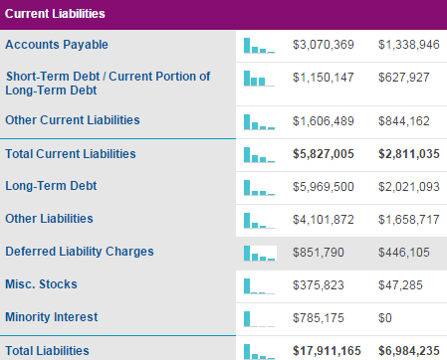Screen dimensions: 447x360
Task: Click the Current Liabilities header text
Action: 55,14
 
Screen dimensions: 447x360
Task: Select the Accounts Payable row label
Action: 57,45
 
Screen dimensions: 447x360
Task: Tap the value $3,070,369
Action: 324,45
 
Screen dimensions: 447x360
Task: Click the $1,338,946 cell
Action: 409,45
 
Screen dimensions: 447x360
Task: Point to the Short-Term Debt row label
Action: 108,83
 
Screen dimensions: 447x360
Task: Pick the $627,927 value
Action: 404,78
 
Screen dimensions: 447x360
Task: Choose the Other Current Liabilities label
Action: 73,120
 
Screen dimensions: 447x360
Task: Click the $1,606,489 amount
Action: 324,121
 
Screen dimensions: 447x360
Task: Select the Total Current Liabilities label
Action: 71,154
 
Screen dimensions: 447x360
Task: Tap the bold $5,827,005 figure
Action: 324,154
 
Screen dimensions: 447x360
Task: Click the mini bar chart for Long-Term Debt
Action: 259,188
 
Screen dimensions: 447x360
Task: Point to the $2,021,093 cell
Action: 409,187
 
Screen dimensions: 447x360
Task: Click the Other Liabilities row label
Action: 49,219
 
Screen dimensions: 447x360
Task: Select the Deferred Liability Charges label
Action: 80,252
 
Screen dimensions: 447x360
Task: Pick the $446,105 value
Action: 404,253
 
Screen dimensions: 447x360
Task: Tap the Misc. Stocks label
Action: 41,284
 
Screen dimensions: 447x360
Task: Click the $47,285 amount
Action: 400,285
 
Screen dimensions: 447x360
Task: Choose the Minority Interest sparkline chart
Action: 259,319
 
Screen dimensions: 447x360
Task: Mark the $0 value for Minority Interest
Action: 385,318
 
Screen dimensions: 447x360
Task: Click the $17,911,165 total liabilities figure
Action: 327,351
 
